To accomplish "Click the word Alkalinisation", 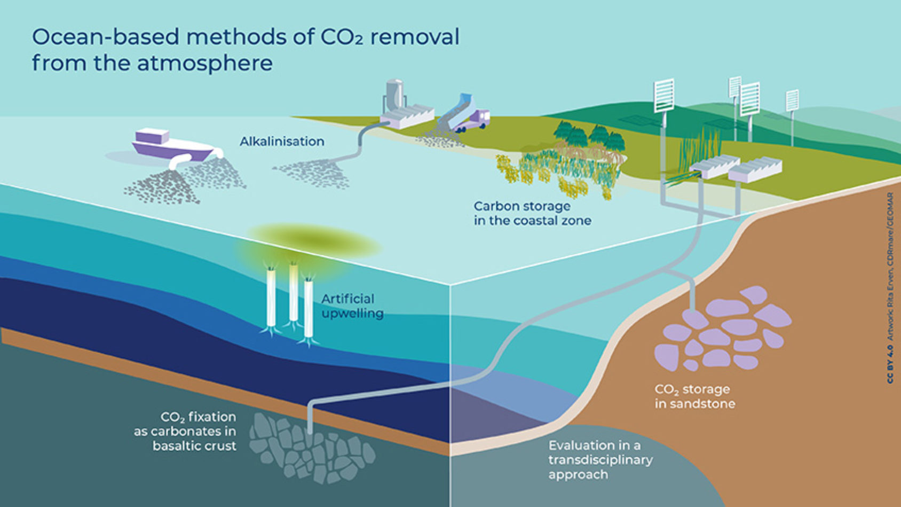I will pos(282,142).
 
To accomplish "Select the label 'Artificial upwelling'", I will pos(352,306).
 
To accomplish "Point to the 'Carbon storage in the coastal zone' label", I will pos(532,213).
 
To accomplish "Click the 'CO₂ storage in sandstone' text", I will pos(694,396).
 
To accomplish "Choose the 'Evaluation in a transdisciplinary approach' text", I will pos(600,459).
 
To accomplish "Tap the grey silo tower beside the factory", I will pos(394,95).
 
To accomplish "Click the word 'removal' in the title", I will pos(415,37).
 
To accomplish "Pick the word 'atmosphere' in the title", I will pos(205,63).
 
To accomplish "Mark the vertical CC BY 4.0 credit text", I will pos(890,288).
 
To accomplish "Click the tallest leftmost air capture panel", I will pos(664,96).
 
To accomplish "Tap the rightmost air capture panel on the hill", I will pos(792,102).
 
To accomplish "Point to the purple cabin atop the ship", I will pos(152,136).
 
